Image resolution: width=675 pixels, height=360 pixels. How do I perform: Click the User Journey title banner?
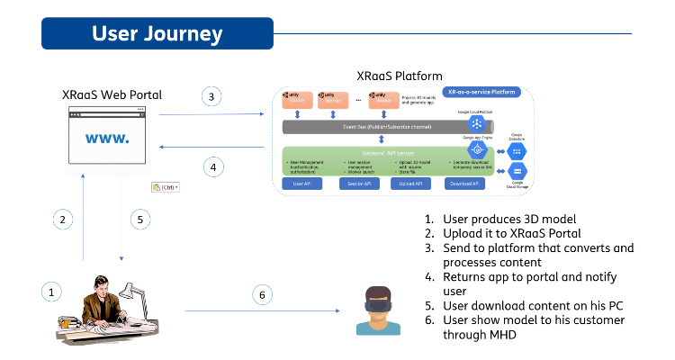tap(157, 34)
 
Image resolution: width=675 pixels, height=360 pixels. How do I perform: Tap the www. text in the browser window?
tap(107, 139)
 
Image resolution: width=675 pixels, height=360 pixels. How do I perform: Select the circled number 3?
tap(211, 96)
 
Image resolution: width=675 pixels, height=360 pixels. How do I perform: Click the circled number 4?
tap(212, 166)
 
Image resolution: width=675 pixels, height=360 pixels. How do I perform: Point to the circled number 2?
tap(62, 219)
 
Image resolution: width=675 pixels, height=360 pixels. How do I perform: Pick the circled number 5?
tap(138, 219)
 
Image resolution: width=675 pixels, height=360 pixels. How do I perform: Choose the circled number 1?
tap(52, 292)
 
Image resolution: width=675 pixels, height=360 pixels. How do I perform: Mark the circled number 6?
tap(262, 293)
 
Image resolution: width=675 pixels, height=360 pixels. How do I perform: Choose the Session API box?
tap(360, 184)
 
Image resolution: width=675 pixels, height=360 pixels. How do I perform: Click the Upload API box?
tap(411, 184)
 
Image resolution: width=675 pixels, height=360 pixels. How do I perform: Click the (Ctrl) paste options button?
tap(166, 187)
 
